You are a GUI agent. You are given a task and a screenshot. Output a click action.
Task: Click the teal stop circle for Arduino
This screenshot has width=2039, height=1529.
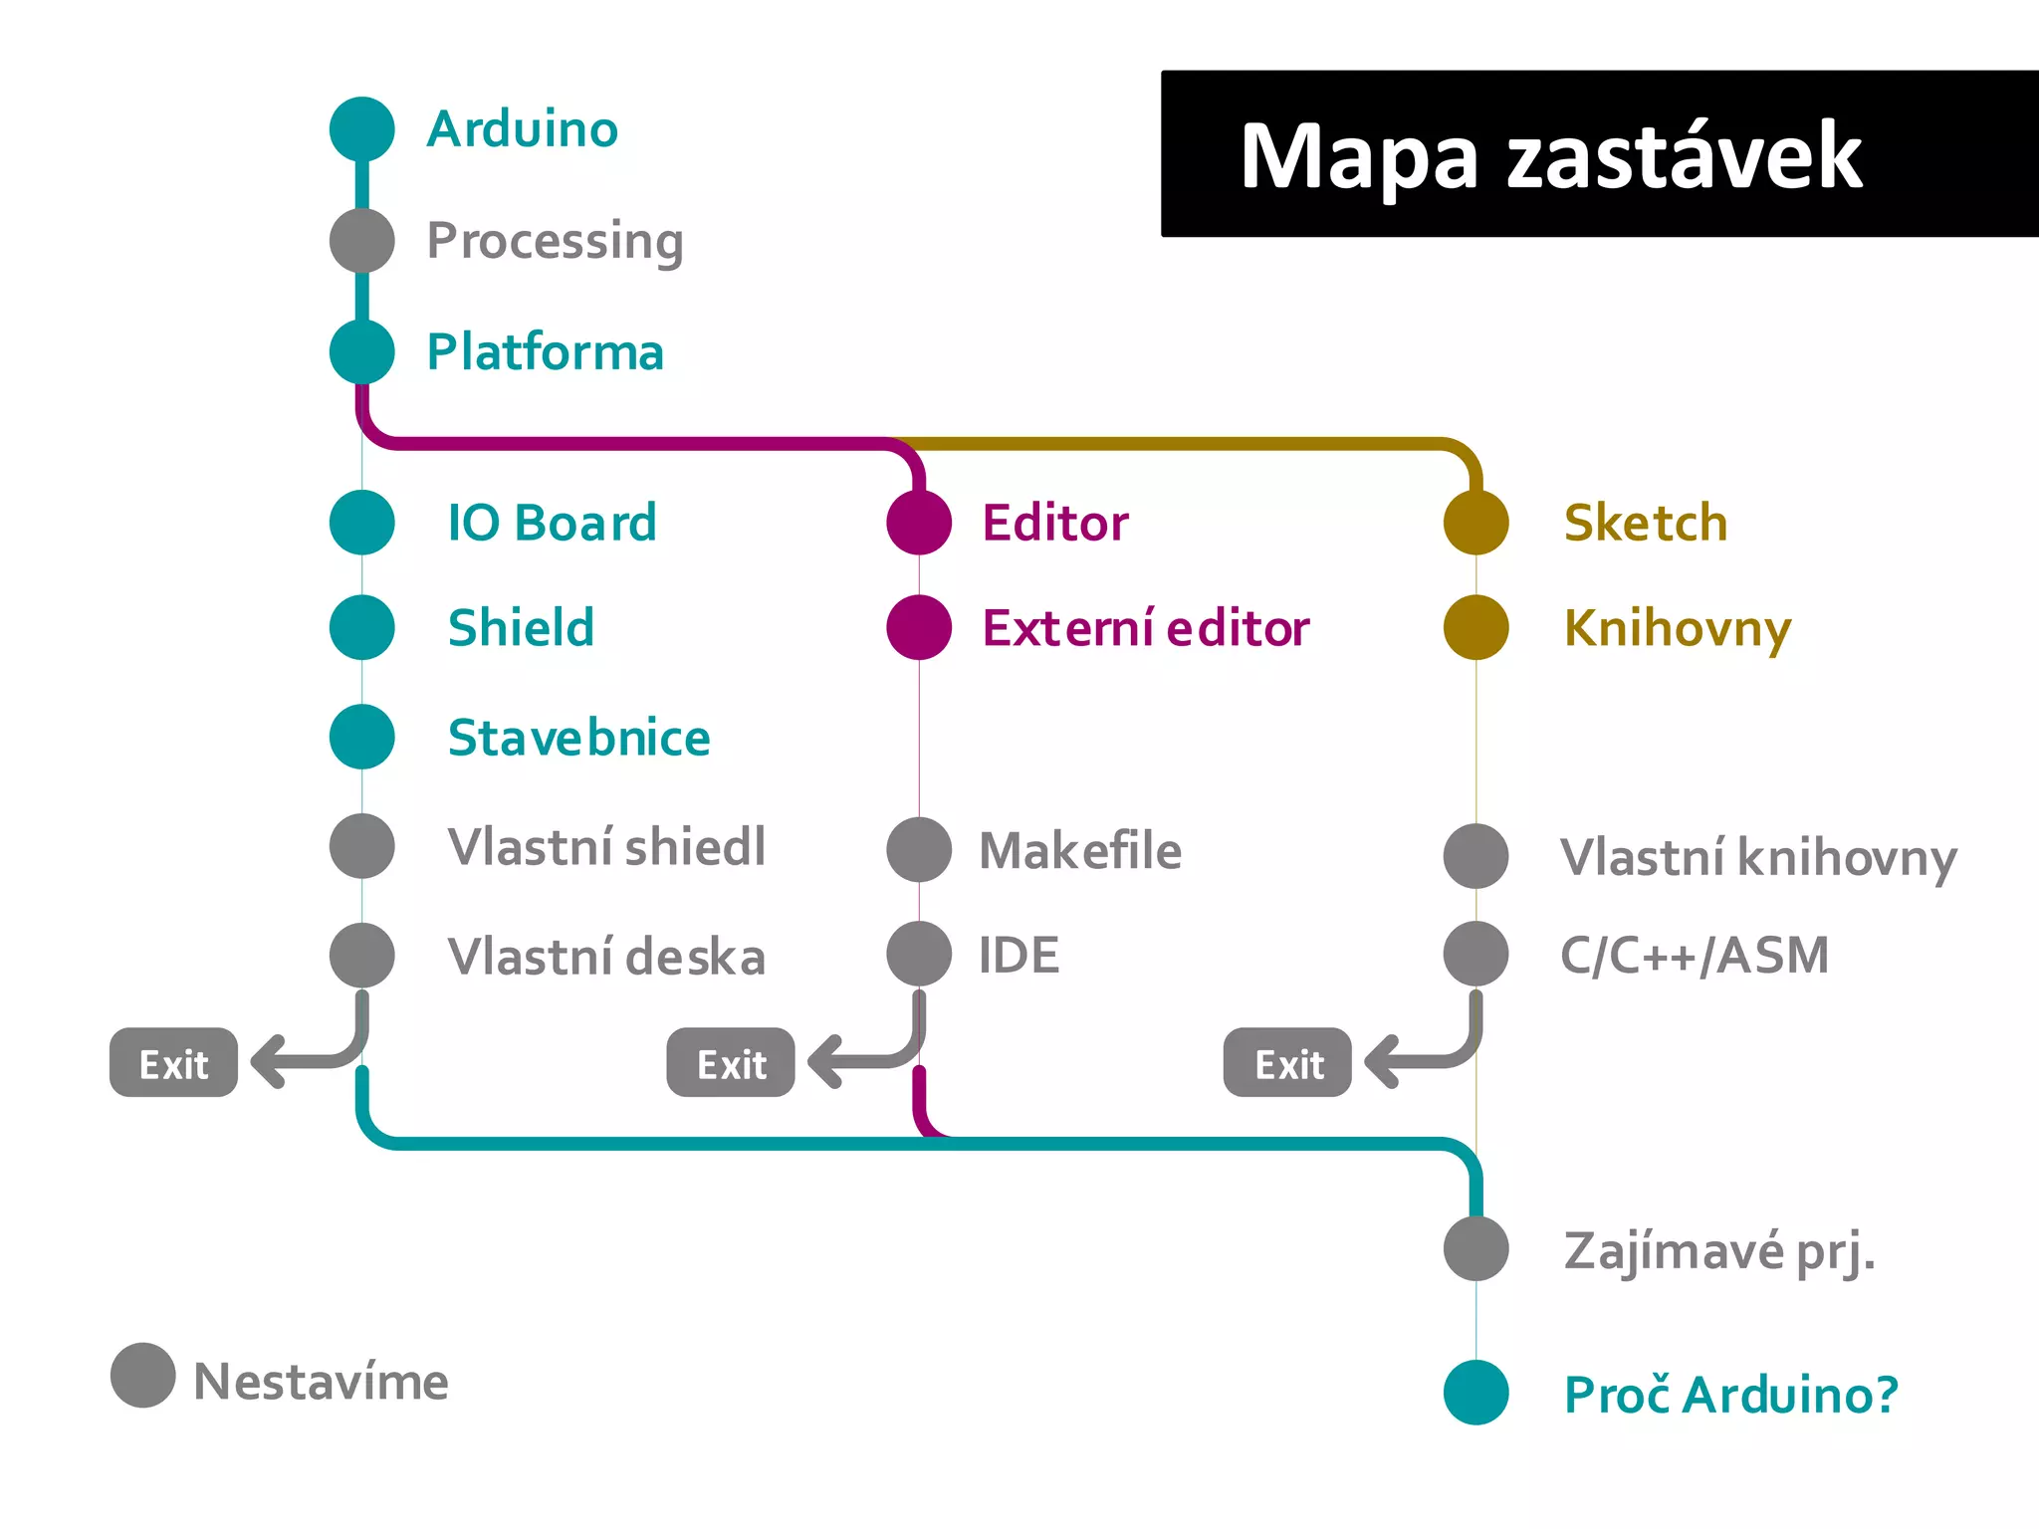pyautogui.click(x=362, y=129)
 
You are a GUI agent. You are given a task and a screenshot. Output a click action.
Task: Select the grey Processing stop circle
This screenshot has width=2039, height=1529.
pyautogui.click(x=362, y=241)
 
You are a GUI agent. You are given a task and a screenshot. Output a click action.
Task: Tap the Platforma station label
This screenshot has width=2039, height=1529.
pyautogui.click(x=545, y=352)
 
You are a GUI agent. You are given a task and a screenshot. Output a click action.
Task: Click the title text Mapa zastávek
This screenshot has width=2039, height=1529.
pyautogui.click(x=1550, y=155)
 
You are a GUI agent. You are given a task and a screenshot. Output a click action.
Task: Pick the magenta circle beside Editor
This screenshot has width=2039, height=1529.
pyautogui.click(x=919, y=523)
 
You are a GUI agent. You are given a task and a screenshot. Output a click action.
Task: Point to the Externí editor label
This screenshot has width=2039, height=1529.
pyautogui.click(x=1145, y=628)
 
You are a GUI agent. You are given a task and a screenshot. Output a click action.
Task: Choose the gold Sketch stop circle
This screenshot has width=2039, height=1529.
pyautogui.click(x=1475, y=523)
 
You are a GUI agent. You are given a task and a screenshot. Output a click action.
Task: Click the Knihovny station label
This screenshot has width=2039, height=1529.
pyautogui.click(x=1678, y=629)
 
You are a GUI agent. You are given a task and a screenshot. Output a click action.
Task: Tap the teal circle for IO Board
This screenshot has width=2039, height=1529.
pyautogui.click(x=362, y=523)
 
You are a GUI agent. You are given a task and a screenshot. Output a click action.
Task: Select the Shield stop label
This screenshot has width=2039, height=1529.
pyautogui.click(x=521, y=628)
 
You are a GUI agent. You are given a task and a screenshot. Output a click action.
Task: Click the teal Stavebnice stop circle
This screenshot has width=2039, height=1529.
pyautogui.click(x=362, y=737)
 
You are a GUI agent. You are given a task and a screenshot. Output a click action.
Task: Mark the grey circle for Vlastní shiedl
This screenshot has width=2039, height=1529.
pyautogui.click(x=362, y=846)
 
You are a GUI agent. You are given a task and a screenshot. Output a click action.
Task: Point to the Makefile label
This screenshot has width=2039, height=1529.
pyautogui.click(x=1080, y=851)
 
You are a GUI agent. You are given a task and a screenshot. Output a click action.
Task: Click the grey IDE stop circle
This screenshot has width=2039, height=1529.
pyautogui.click(x=919, y=954)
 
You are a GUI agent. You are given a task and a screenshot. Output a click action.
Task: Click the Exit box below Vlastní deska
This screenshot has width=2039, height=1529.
pyautogui.click(x=173, y=1063)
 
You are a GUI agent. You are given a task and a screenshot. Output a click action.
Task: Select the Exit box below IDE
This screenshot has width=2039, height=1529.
pyautogui.click(x=731, y=1063)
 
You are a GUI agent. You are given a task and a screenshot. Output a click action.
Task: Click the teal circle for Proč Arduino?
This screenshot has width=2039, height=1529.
pyautogui.click(x=1475, y=1393)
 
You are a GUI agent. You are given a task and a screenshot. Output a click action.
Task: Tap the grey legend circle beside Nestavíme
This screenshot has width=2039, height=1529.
pyautogui.click(x=143, y=1376)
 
